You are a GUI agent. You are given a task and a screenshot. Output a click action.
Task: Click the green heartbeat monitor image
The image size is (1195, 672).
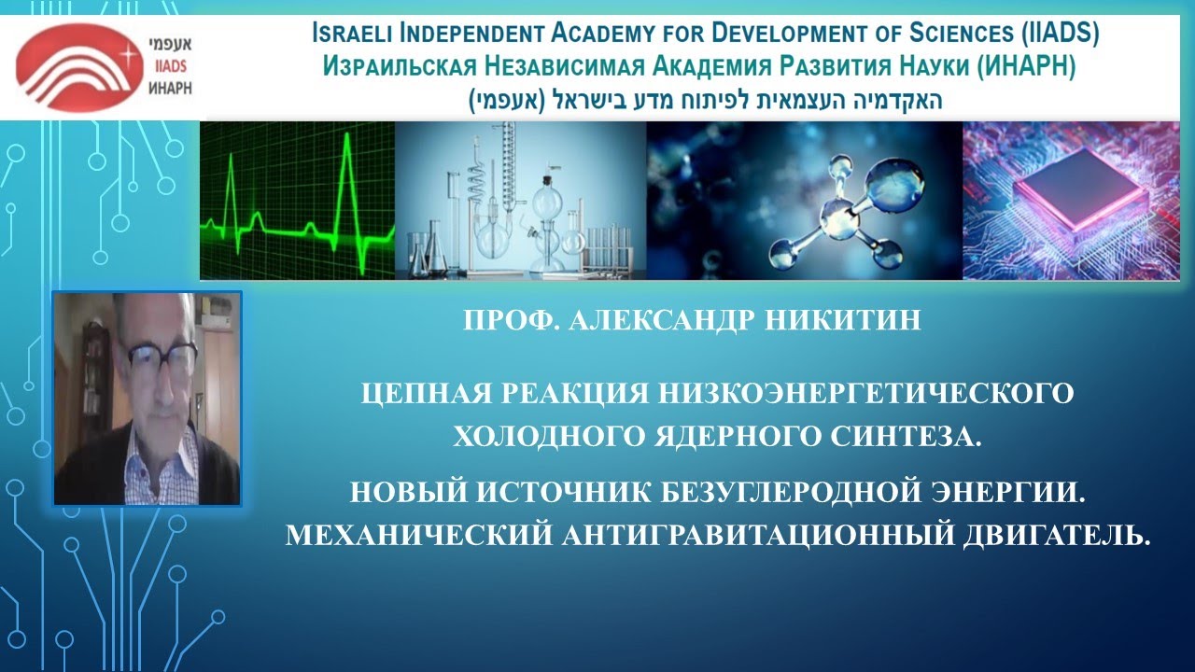coord(297,201)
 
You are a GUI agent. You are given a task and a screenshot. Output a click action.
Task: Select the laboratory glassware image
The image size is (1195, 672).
coord(520,201)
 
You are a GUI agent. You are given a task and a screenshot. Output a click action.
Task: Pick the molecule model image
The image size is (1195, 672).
coord(804,201)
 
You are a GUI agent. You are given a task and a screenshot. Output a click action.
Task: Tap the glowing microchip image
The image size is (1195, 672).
coord(1077,201)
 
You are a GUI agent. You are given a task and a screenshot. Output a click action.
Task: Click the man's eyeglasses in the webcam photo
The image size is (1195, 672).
coord(159,355)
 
